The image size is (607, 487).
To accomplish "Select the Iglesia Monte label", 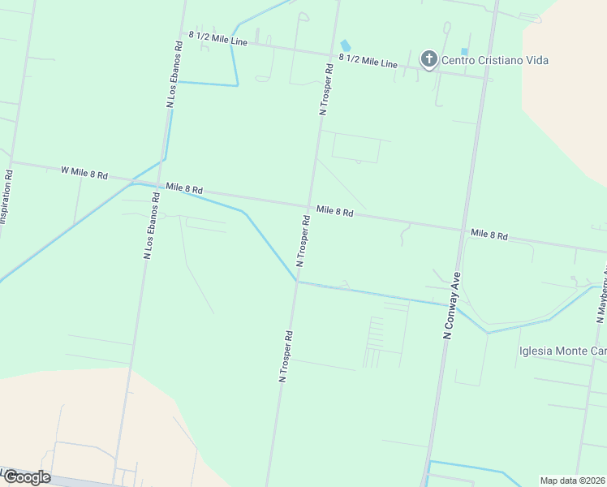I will tap(562, 351).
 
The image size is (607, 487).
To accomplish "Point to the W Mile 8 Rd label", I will tap(84, 171).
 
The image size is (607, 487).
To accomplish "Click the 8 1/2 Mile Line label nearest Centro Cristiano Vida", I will tap(368, 61).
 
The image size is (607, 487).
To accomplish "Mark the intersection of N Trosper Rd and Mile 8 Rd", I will tap(308, 206).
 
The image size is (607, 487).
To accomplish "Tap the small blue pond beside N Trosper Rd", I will tap(346, 45).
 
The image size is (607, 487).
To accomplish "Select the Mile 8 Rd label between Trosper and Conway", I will tap(335, 212).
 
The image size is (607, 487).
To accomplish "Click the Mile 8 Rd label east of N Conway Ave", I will tap(489, 235).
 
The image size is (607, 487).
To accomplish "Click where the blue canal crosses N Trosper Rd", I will tap(297, 282).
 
